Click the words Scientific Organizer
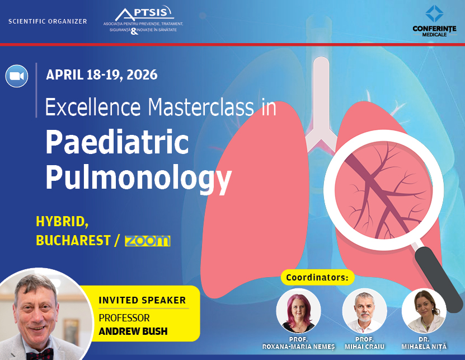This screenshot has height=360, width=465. [48, 21]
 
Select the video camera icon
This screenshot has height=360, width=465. [17, 76]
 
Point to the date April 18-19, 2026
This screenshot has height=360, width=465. [101, 74]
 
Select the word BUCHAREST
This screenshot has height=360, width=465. [73, 240]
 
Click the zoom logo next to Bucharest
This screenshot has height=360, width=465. [147, 241]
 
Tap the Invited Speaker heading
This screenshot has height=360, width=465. [142, 300]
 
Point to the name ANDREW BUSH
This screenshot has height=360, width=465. [133, 331]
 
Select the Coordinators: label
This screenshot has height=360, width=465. [317, 277]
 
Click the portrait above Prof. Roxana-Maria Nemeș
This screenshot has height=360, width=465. [298, 311]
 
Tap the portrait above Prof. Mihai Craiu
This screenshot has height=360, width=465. [364, 311]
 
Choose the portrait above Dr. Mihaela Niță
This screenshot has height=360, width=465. [424, 311]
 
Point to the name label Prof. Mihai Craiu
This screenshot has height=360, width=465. [364, 343]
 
